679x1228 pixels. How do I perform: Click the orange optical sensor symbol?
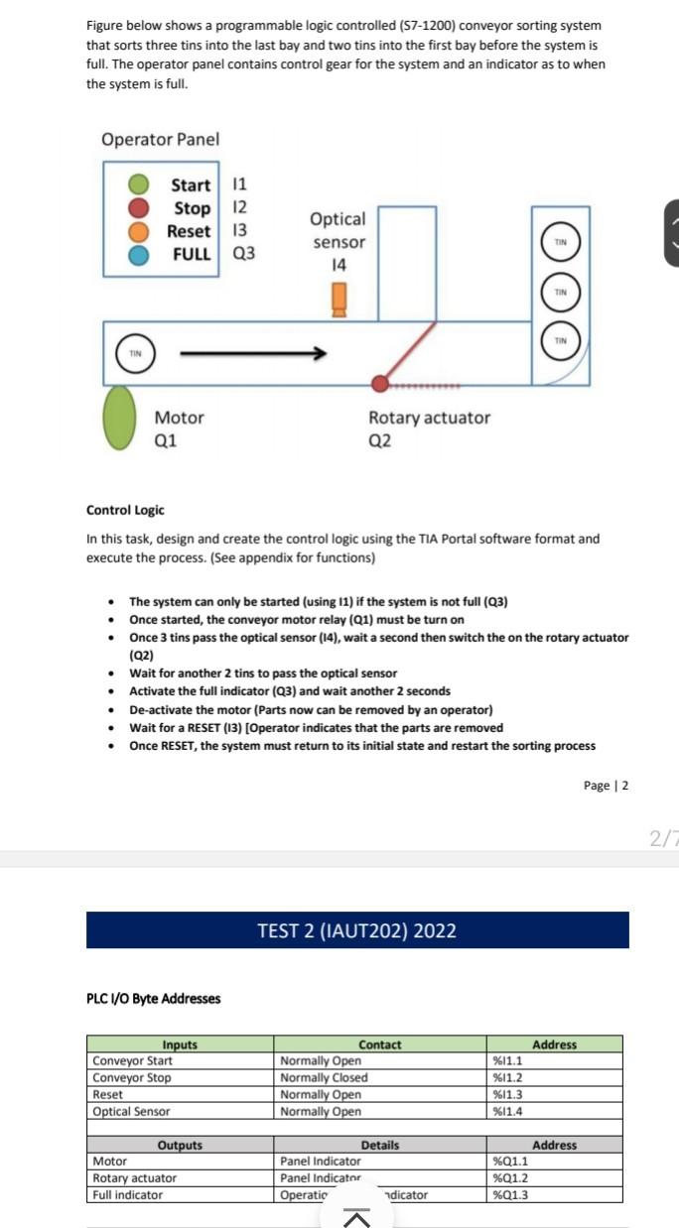[339, 298]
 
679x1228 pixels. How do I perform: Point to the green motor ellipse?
[120, 417]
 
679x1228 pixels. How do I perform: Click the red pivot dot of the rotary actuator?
[379, 384]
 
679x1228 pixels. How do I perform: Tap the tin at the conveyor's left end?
[136, 353]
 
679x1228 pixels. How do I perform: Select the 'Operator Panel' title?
[160, 140]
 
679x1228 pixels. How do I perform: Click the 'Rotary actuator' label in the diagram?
[429, 418]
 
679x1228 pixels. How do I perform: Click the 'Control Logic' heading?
[125, 510]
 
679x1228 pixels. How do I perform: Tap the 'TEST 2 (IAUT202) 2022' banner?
[357, 930]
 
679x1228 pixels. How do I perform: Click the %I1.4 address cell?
[508, 1112]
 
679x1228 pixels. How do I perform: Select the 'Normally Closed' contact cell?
[324, 1078]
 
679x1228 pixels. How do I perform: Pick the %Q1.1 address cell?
[510, 1162]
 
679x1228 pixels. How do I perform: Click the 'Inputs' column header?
[180, 1044]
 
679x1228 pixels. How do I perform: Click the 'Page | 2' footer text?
[606, 786]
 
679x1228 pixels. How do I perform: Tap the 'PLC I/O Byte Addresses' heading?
[154, 998]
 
